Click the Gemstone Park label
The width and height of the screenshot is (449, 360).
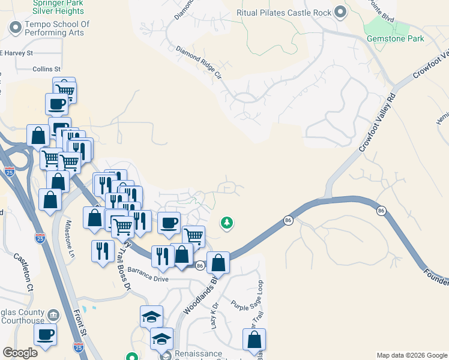pos(395,39)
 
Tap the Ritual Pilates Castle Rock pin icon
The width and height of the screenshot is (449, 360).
pos(341,11)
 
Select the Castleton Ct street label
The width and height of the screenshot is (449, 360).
pos(23,272)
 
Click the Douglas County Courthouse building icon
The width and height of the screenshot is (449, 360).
pos(53,315)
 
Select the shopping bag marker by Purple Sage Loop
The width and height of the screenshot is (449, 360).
pos(255,339)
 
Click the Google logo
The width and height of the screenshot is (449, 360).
pos(20,353)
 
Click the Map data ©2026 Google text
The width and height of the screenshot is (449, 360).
pos(412,355)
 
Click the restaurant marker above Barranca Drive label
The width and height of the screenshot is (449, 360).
pos(163,256)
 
